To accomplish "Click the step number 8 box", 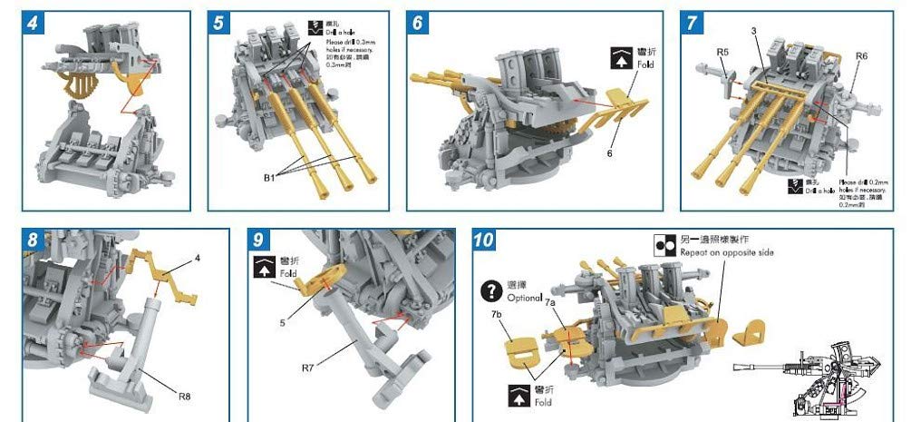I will tap(34, 240).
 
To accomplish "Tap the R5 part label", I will tap(722, 53).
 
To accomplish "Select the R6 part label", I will tap(861, 56).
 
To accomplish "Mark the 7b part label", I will tap(496, 313).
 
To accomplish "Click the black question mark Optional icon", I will tap(490, 290).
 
